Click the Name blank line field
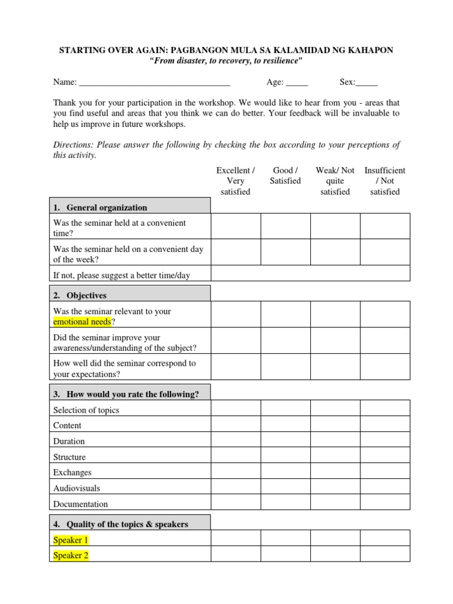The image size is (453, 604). (x=154, y=83)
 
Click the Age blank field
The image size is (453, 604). (x=297, y=83)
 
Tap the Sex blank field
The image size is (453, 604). (x=367, y=83)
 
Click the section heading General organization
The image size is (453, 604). (x=107, y=208)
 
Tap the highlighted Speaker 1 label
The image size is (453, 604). (x=71, y=540)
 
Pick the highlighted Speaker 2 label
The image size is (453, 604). (x=71, y=556)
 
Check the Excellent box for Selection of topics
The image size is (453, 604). (x=236, y=408)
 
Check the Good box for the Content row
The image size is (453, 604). (x=285, y=424)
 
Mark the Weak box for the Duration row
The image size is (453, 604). (x=335, y=440)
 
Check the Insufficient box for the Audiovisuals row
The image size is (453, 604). (x=385, y=487)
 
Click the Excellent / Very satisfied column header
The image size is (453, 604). (x=235, y=181)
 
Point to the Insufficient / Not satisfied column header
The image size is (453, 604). (x=385, y=181)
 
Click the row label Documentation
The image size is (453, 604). (x=81, y=504)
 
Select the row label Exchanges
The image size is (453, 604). (x=73, y=472)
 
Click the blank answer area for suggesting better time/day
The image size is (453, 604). (x=310, y=274)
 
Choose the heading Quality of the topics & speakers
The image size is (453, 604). (x=127, y=524)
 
